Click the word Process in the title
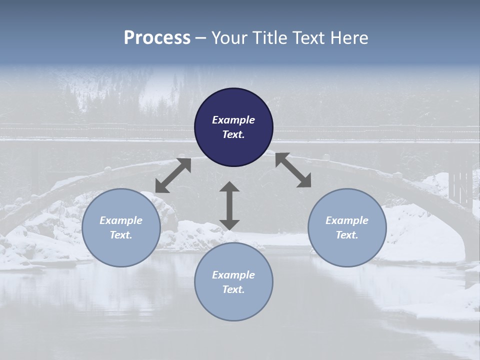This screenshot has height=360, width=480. pyautogui.click(x=157, y=38)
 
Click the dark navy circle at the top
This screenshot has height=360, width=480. pyautogui.click(x=233, y=127)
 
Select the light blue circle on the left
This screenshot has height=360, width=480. pyautogui.click(x=121, y=227)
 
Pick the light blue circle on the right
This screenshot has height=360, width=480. pyautogui.click(x=347, y=227)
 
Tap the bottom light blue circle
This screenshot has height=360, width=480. pyautogui.click(x=233, y=282)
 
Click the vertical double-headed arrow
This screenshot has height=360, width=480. pyautogui.click(x=229, y=205)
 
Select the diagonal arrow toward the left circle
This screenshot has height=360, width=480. pyautogui.click(x=173, y=175)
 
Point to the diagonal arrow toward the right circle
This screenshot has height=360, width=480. pyautogui.click(x=293, y=170)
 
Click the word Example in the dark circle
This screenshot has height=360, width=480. pyautogui.click(x=233, y=120)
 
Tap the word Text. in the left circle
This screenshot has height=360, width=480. pyautogui.click(x=121, y=235)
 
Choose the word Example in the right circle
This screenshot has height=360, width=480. pyautogui.click(x=347, y=220)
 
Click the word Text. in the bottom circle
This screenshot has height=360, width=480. pyautogui.click(x=233, y=289)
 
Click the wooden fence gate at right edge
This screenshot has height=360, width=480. pyautogui.click(x=460, y=186)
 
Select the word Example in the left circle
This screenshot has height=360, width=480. pyautogui.click(x=121, y=220)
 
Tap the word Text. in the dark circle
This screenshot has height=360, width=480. pyautogui.click(x=233, y=134)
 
